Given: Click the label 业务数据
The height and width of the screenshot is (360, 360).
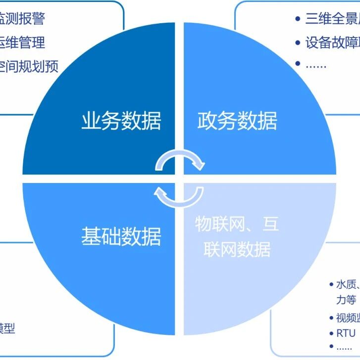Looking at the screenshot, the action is point(121,121).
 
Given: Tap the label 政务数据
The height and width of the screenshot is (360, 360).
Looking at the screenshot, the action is point(237,121).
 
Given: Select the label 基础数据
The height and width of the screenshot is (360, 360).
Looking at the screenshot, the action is point(121,236).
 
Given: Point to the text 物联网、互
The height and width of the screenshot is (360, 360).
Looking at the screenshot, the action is point(237,224).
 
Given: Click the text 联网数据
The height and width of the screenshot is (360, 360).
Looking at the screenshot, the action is point(237,249).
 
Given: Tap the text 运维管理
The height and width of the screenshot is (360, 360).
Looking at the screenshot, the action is point(22,43).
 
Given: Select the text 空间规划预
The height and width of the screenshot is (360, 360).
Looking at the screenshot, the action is point(29,66).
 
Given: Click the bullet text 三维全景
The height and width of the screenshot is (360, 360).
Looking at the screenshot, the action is point(332,19).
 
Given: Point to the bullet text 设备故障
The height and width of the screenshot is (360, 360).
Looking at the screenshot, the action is point(332,43).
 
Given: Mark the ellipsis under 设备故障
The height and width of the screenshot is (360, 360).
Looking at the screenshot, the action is point(316,65).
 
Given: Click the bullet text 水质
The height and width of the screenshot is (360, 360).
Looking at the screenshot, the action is point(347,284).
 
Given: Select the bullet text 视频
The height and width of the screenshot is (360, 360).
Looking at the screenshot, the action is point(348,317).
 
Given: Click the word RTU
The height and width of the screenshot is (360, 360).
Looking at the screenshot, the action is point(346,333).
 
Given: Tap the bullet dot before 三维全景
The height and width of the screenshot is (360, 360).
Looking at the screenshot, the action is point(298,19).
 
